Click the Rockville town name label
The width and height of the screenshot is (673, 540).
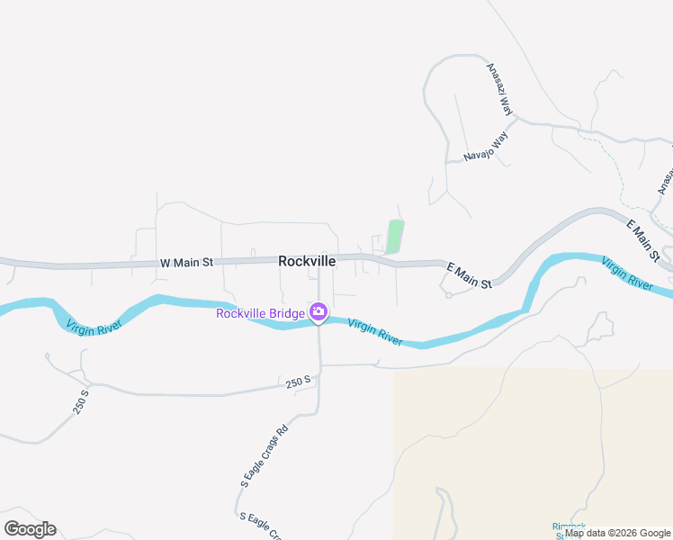(x=307, y=261)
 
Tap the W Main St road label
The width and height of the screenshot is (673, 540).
(x=186, y=263)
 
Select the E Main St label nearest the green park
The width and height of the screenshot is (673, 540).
(x=470, y=275)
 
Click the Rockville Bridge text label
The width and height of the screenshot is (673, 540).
(x=261, y=313)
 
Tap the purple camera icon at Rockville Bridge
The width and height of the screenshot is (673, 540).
(x=318, y=312)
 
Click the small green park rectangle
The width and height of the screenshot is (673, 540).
(x=394, y=237)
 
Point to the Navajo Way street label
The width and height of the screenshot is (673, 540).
(x=487, y=146)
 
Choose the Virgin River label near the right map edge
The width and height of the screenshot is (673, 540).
(x=627, y=272)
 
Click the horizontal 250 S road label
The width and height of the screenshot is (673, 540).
(x=298, y=382)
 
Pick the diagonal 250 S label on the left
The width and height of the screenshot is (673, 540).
(x=81, y=401)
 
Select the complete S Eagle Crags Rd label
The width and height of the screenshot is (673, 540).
(x=264, y=455)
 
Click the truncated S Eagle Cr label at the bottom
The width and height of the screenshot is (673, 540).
(x=262, y=523)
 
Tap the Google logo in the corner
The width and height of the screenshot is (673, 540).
(x=30, y=529)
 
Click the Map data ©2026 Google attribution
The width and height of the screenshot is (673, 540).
(x=618, y=533)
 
